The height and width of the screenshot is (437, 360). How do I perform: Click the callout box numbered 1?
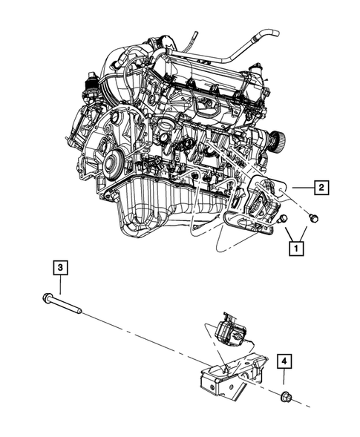(297, 246)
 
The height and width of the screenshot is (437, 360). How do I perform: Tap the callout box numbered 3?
(59, 266)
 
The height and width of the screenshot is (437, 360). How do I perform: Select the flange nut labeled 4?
(286, 398)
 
